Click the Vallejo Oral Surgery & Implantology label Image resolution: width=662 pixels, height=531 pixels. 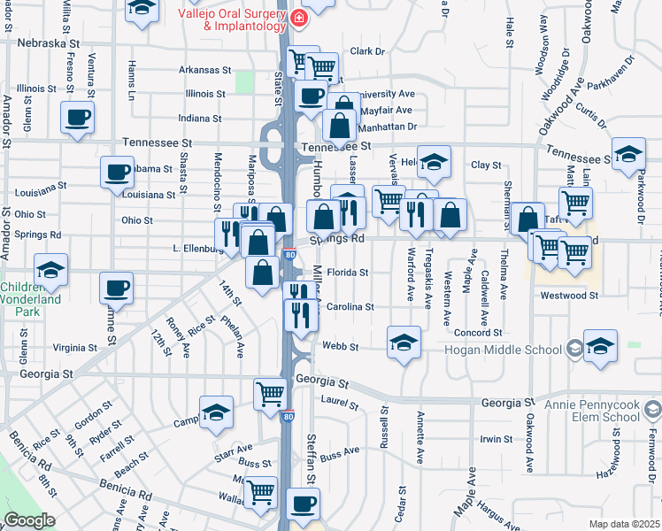233,19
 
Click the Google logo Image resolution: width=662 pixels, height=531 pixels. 29,520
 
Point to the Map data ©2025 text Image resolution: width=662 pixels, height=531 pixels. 624,525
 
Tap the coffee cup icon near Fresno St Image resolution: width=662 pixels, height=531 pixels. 77,116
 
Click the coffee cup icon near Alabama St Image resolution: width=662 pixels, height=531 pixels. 117,172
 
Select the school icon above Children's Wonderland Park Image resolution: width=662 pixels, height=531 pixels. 50,269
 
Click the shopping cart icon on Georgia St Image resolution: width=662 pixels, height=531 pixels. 271,394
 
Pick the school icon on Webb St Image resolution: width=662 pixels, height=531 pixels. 403,342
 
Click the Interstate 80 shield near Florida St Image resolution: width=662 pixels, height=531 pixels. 290,255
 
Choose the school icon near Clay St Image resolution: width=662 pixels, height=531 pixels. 434,162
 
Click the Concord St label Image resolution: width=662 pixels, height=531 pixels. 479,333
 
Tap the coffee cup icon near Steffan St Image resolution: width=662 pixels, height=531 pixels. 304,503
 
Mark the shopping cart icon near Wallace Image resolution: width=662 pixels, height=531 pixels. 260,491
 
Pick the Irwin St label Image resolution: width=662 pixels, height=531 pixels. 496,439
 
